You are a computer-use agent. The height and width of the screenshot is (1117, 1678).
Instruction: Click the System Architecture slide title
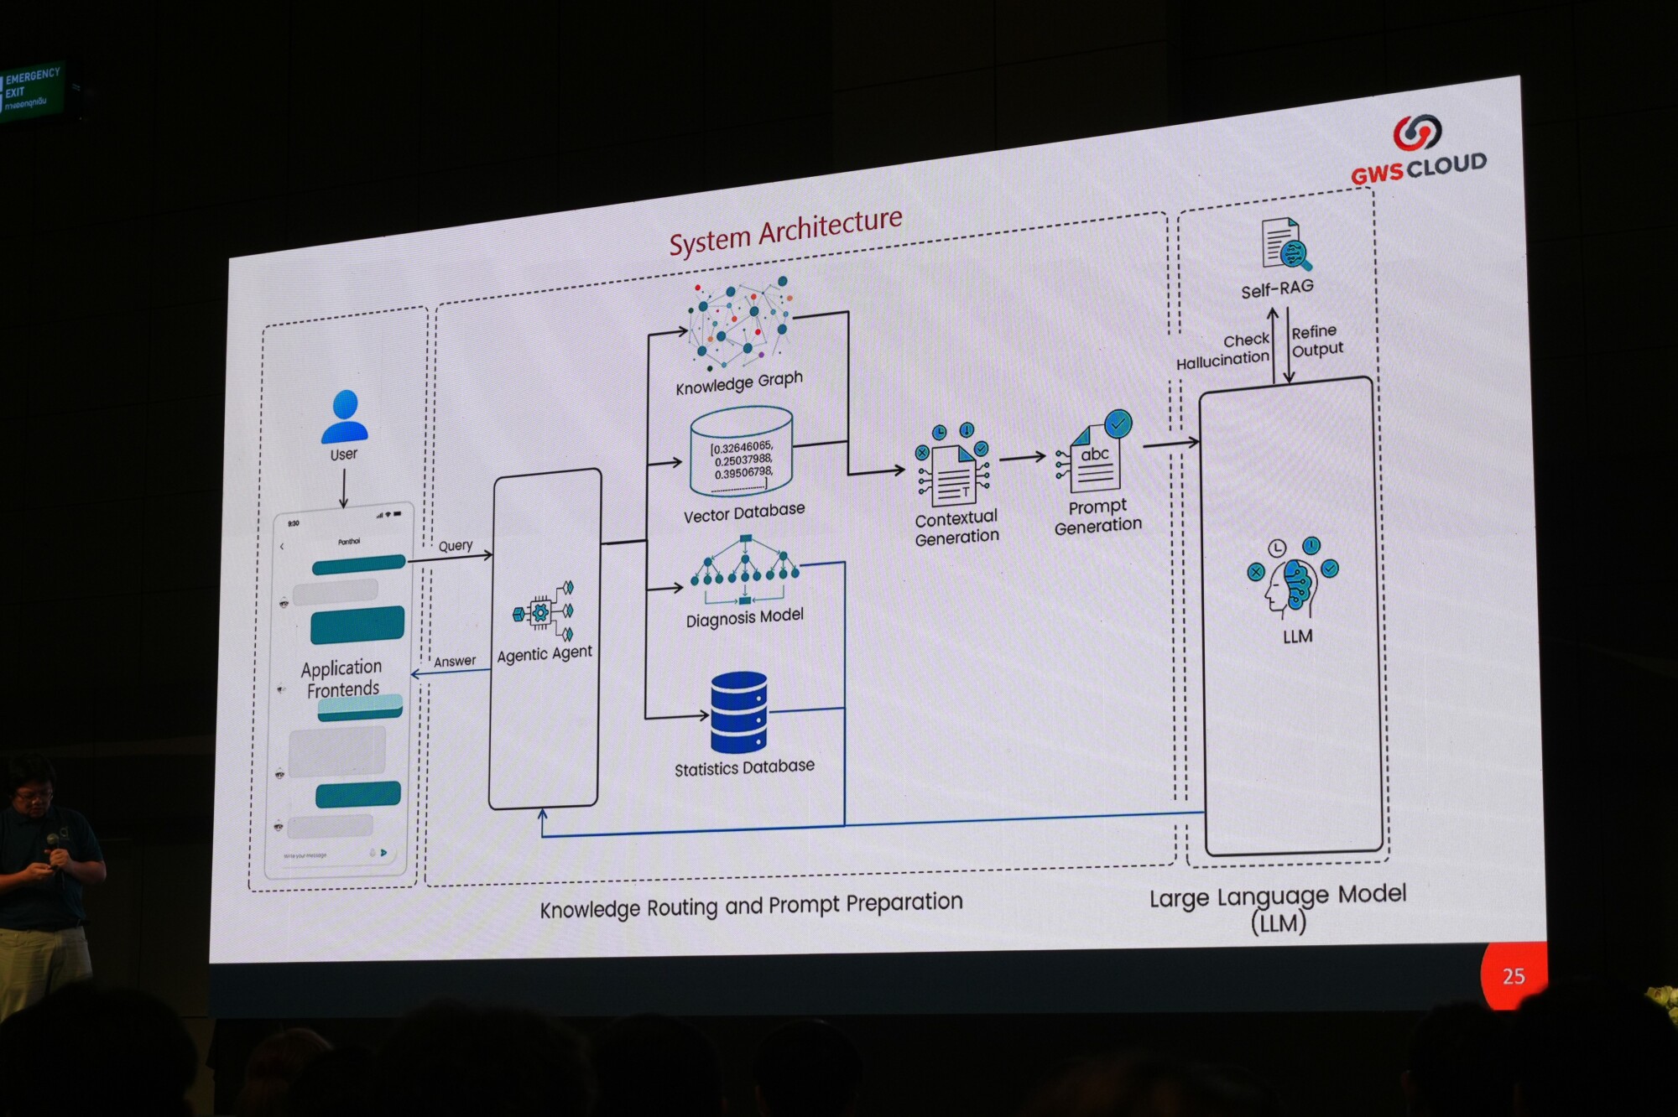(785, 231)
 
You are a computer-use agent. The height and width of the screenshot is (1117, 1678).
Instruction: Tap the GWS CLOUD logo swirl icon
(1417, 132)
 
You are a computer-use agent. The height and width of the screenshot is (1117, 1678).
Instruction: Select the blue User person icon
(345, 416)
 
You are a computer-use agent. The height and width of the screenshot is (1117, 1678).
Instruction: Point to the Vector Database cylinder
(741, 453)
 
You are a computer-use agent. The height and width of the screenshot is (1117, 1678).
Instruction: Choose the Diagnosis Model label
(744, 618)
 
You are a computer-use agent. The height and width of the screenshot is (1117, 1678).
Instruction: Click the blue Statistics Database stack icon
(738, 713)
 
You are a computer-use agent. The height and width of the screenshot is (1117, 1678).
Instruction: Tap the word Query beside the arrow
(456, 546)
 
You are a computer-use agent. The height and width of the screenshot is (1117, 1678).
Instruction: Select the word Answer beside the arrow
(455, 662)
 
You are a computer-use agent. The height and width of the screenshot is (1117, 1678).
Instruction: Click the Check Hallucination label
(1224, 351)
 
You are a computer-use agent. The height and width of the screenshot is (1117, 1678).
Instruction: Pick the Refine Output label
(1317, 340)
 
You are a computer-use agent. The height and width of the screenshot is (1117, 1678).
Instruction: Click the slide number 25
(1514, 976)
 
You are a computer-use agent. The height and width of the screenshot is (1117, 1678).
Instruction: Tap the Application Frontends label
(342, 678)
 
